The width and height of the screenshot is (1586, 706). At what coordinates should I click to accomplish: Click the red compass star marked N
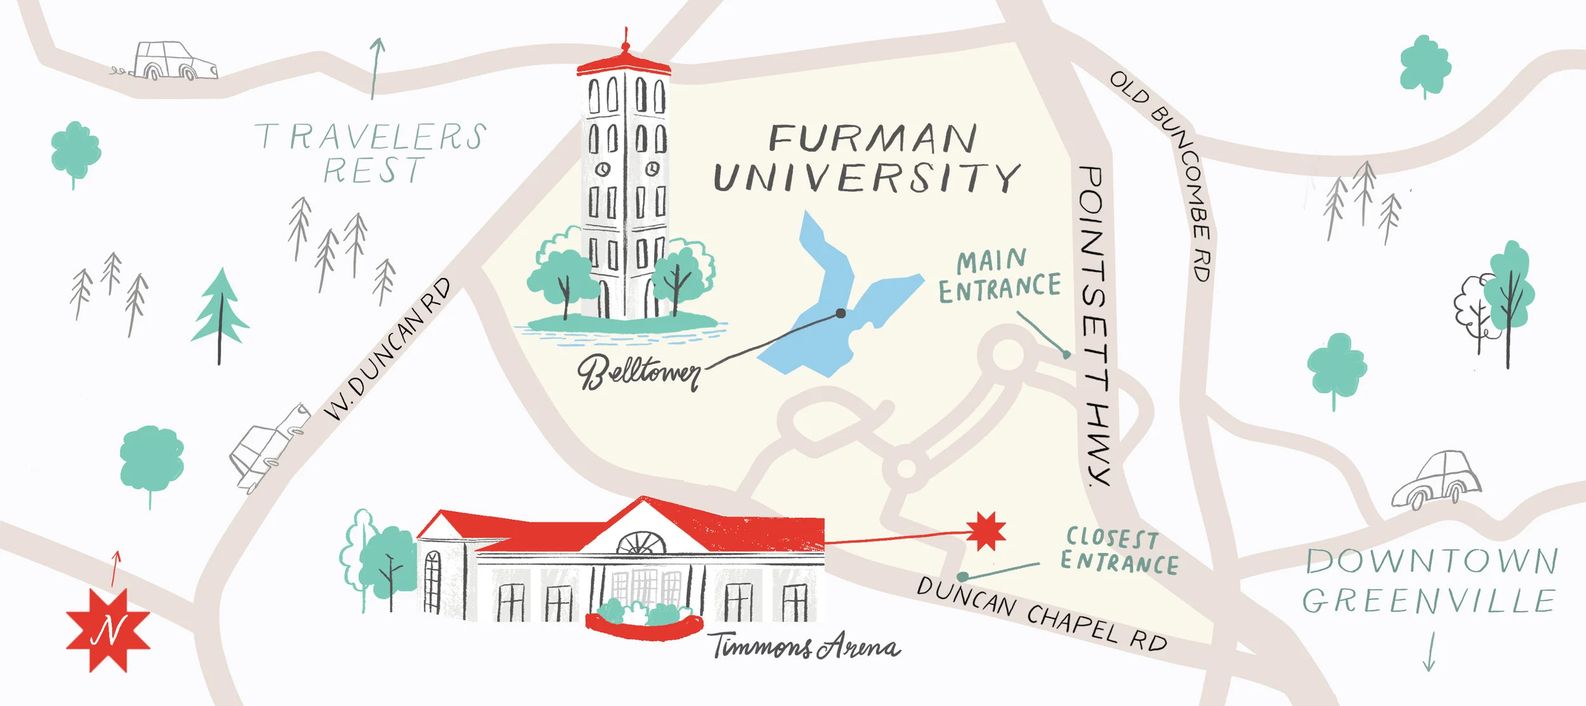(108, 630)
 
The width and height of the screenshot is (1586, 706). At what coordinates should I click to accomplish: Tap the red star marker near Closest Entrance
(986, 530)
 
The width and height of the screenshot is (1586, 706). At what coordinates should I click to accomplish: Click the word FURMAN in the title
(873, 138)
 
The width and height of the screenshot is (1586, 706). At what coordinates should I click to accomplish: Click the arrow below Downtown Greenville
(1429, 653)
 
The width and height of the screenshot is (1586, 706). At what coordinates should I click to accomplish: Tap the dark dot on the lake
(841, 313)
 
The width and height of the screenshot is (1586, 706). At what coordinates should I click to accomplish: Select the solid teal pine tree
(220, 311)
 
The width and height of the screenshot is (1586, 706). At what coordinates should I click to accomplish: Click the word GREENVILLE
(1429, 601)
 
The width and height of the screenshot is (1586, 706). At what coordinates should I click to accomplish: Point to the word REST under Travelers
(373, 170)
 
